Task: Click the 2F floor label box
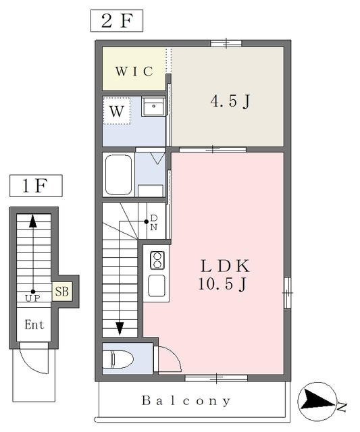tap(117, 21)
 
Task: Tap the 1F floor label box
tap(36, 186)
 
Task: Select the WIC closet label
tap(134, 72)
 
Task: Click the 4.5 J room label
tap(230, 101)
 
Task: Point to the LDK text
tap(225, 266)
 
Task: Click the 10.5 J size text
tap(222, 283)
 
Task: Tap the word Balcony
tap(186, 401)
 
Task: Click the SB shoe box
tap(62, 291)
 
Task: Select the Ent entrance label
tap(34, 325)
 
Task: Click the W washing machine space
tap(117, 111)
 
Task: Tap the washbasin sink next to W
tap(153, 107)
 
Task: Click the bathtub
tap(118, 175)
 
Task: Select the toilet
tap(118, 359)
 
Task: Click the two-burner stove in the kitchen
tap(157, 261)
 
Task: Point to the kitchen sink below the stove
tap(157, 286)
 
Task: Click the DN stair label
tap(154, 223)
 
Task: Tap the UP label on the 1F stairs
tap(32, 298)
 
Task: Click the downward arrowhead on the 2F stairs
tap(120, 329)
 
